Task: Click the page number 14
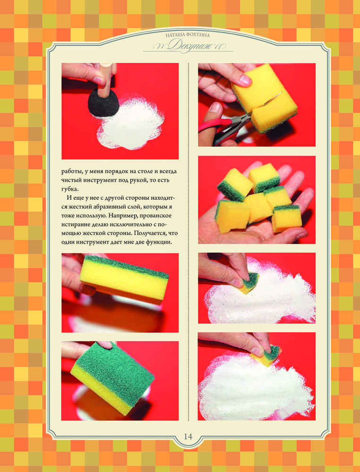pos(188,436)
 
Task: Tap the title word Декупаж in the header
pos(188,45)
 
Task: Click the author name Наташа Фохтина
pos(188,35)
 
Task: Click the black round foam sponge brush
pos(103,103)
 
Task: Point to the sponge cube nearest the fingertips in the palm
pos(286,219)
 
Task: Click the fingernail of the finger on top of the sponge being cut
pos(245,80)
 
